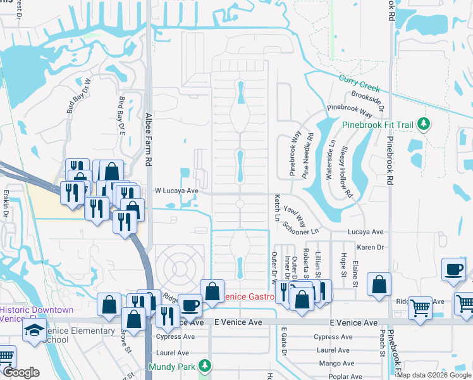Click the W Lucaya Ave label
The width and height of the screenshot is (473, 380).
(177, 190)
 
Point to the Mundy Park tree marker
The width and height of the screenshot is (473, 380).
(204, 366)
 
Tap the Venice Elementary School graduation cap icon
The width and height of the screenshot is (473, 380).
(34, 331)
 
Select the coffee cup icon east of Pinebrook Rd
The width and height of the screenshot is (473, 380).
(453, 269)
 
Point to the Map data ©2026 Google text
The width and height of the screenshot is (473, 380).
(433, 375)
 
